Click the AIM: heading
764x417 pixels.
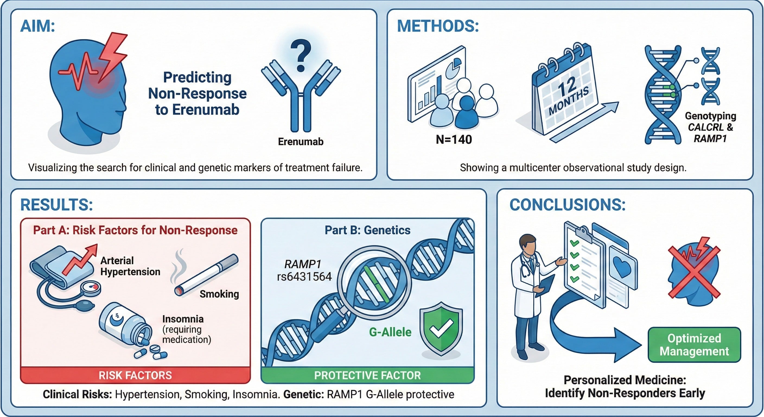[x=37, y=26]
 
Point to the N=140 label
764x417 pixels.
[x=454, y=140]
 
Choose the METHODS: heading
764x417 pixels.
[x=438, y=26]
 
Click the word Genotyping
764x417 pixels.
[x=710, y=116]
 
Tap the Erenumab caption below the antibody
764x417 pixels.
[x=300, y=141]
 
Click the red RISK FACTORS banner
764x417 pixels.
[x=135, y=375]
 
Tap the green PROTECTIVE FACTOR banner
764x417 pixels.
[x=367, y=375]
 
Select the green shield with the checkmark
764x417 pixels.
[x=441, y=328]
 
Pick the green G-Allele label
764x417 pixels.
[x=390, y=332]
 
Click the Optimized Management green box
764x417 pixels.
[x=694, y=345]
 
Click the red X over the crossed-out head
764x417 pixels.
[x=694, y=271]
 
